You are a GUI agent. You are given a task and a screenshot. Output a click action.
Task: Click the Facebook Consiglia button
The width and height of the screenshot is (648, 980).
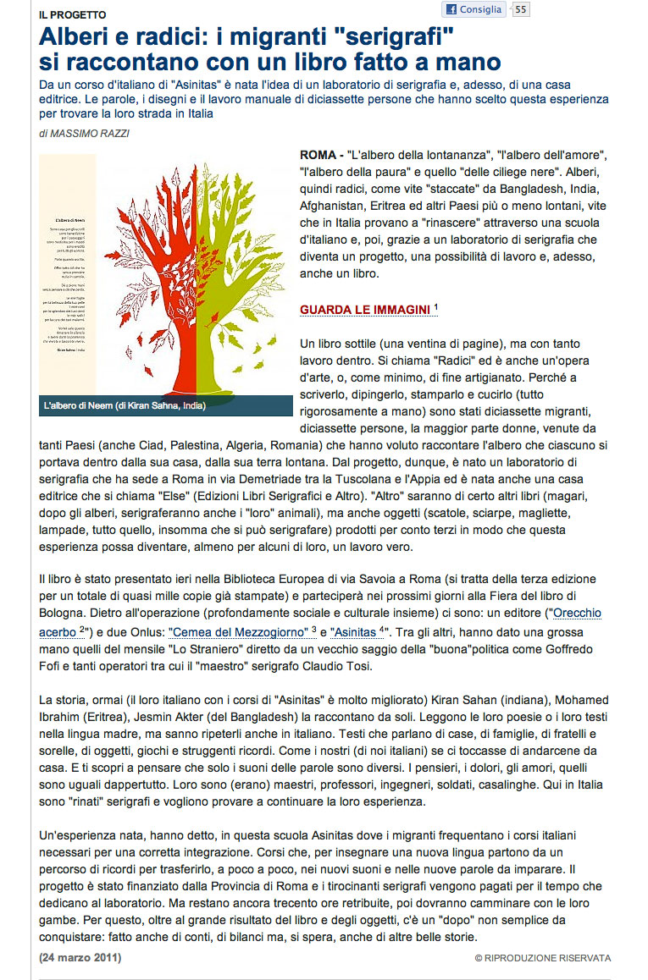pyautogui.click(x=474, y=10)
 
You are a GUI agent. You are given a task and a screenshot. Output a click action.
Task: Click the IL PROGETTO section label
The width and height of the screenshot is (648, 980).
pyautogui.click(x=72, y=15)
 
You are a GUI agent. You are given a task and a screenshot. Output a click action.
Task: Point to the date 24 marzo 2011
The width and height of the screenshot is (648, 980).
pyautogui.click(x=80, y=957)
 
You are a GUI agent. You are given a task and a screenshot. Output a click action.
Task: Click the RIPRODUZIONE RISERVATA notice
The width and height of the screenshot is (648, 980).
pyautogui.click(x=543, y=958)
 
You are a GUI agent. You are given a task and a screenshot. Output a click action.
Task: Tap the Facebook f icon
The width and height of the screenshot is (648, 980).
pyautogui.click(x=451, y=10)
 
